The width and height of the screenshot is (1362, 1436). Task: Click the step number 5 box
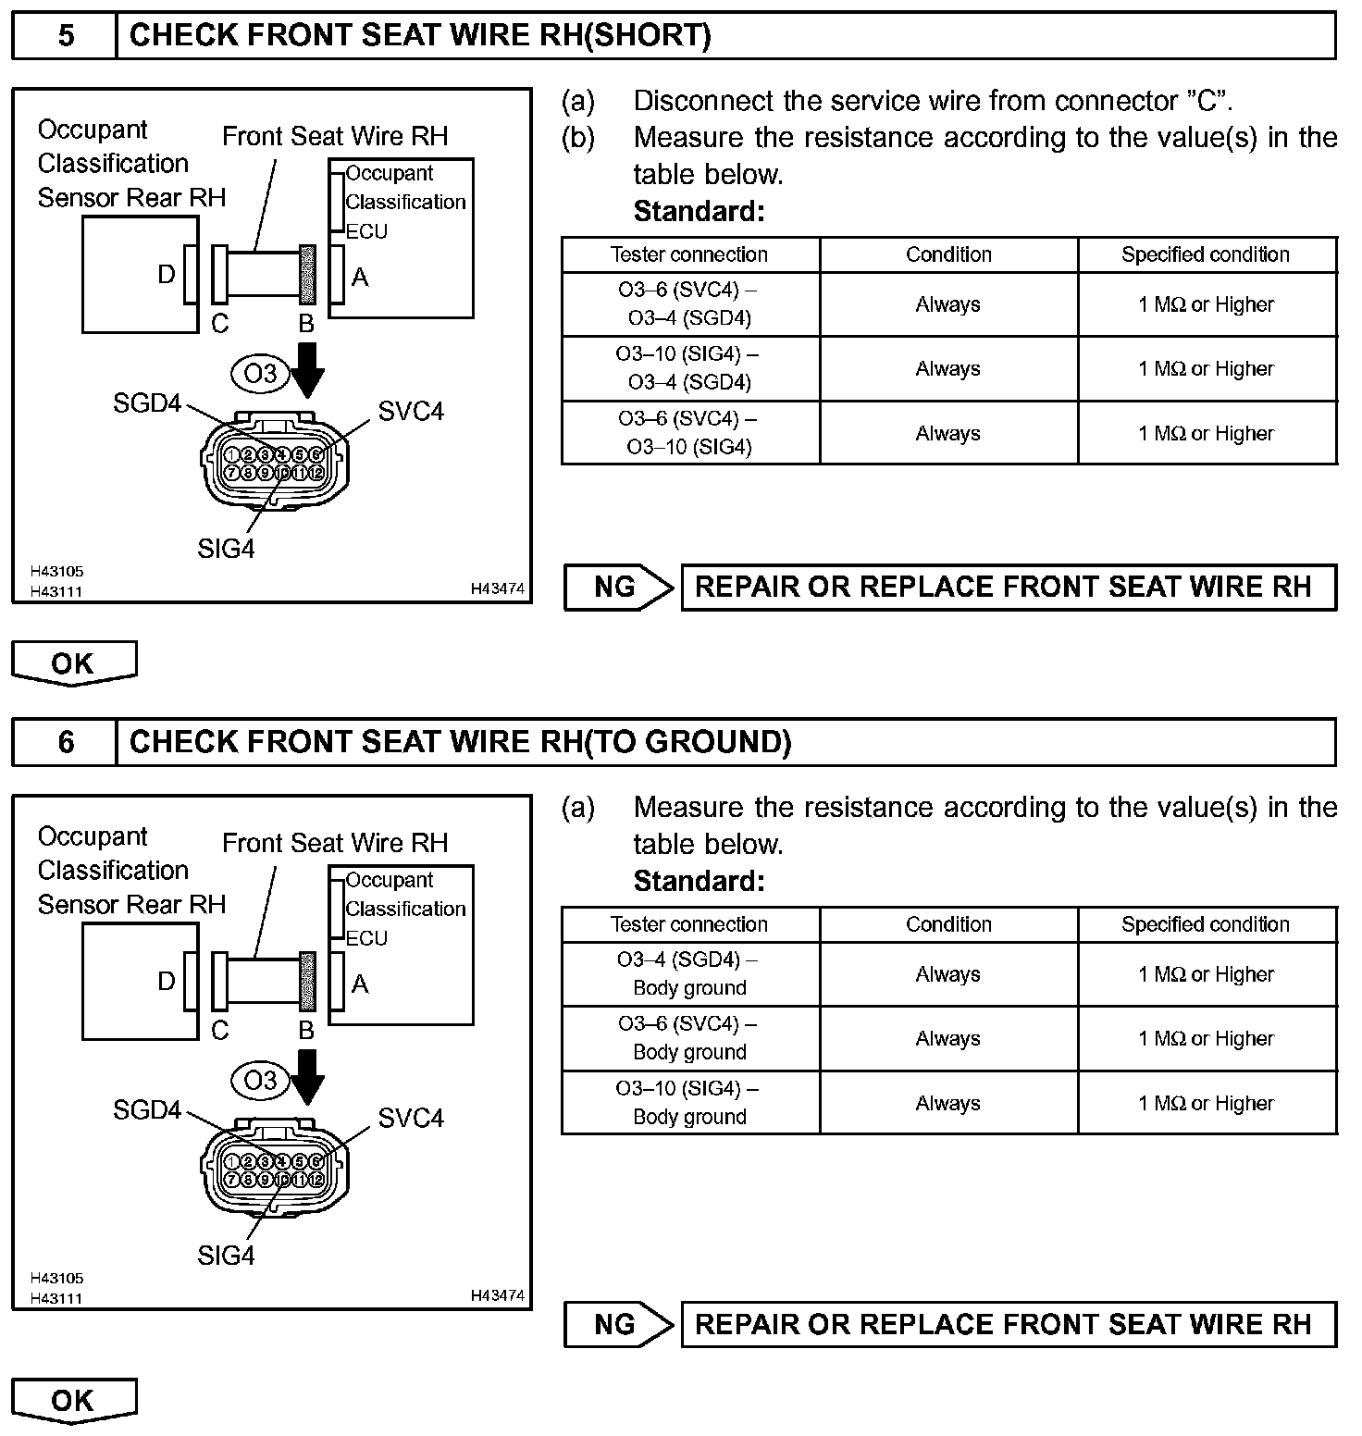(65, 36)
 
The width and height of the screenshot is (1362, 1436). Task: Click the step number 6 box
(65, 742)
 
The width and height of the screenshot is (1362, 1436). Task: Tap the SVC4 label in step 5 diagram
(411, 412)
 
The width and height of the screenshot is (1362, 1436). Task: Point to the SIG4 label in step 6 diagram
(226, 1256)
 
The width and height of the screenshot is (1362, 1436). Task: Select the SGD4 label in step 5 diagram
(147, 403)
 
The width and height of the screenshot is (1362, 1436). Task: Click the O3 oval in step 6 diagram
(260, 1080)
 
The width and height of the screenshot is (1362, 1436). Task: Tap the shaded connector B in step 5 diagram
(308, 275)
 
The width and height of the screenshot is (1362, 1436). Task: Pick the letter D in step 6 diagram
(167, 982)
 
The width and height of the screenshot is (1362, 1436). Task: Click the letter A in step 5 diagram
(360, 277)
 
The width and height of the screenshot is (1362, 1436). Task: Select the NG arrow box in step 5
(617, 588)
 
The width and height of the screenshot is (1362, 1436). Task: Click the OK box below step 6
(73, 1400)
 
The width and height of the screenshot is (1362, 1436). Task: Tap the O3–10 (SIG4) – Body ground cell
(689, 1102)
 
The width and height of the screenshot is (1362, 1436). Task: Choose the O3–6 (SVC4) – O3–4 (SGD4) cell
(689, 303)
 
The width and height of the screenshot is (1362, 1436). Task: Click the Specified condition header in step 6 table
(1206, 924)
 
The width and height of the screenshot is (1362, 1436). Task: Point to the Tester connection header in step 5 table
(689, 254)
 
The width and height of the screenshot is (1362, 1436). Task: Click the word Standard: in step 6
(700, 882)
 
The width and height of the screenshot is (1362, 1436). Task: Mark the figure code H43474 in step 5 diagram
(498, 588)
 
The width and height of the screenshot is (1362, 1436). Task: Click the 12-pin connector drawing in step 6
(276, 1170)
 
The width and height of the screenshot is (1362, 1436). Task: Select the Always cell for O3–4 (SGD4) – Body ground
(948, 974)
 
